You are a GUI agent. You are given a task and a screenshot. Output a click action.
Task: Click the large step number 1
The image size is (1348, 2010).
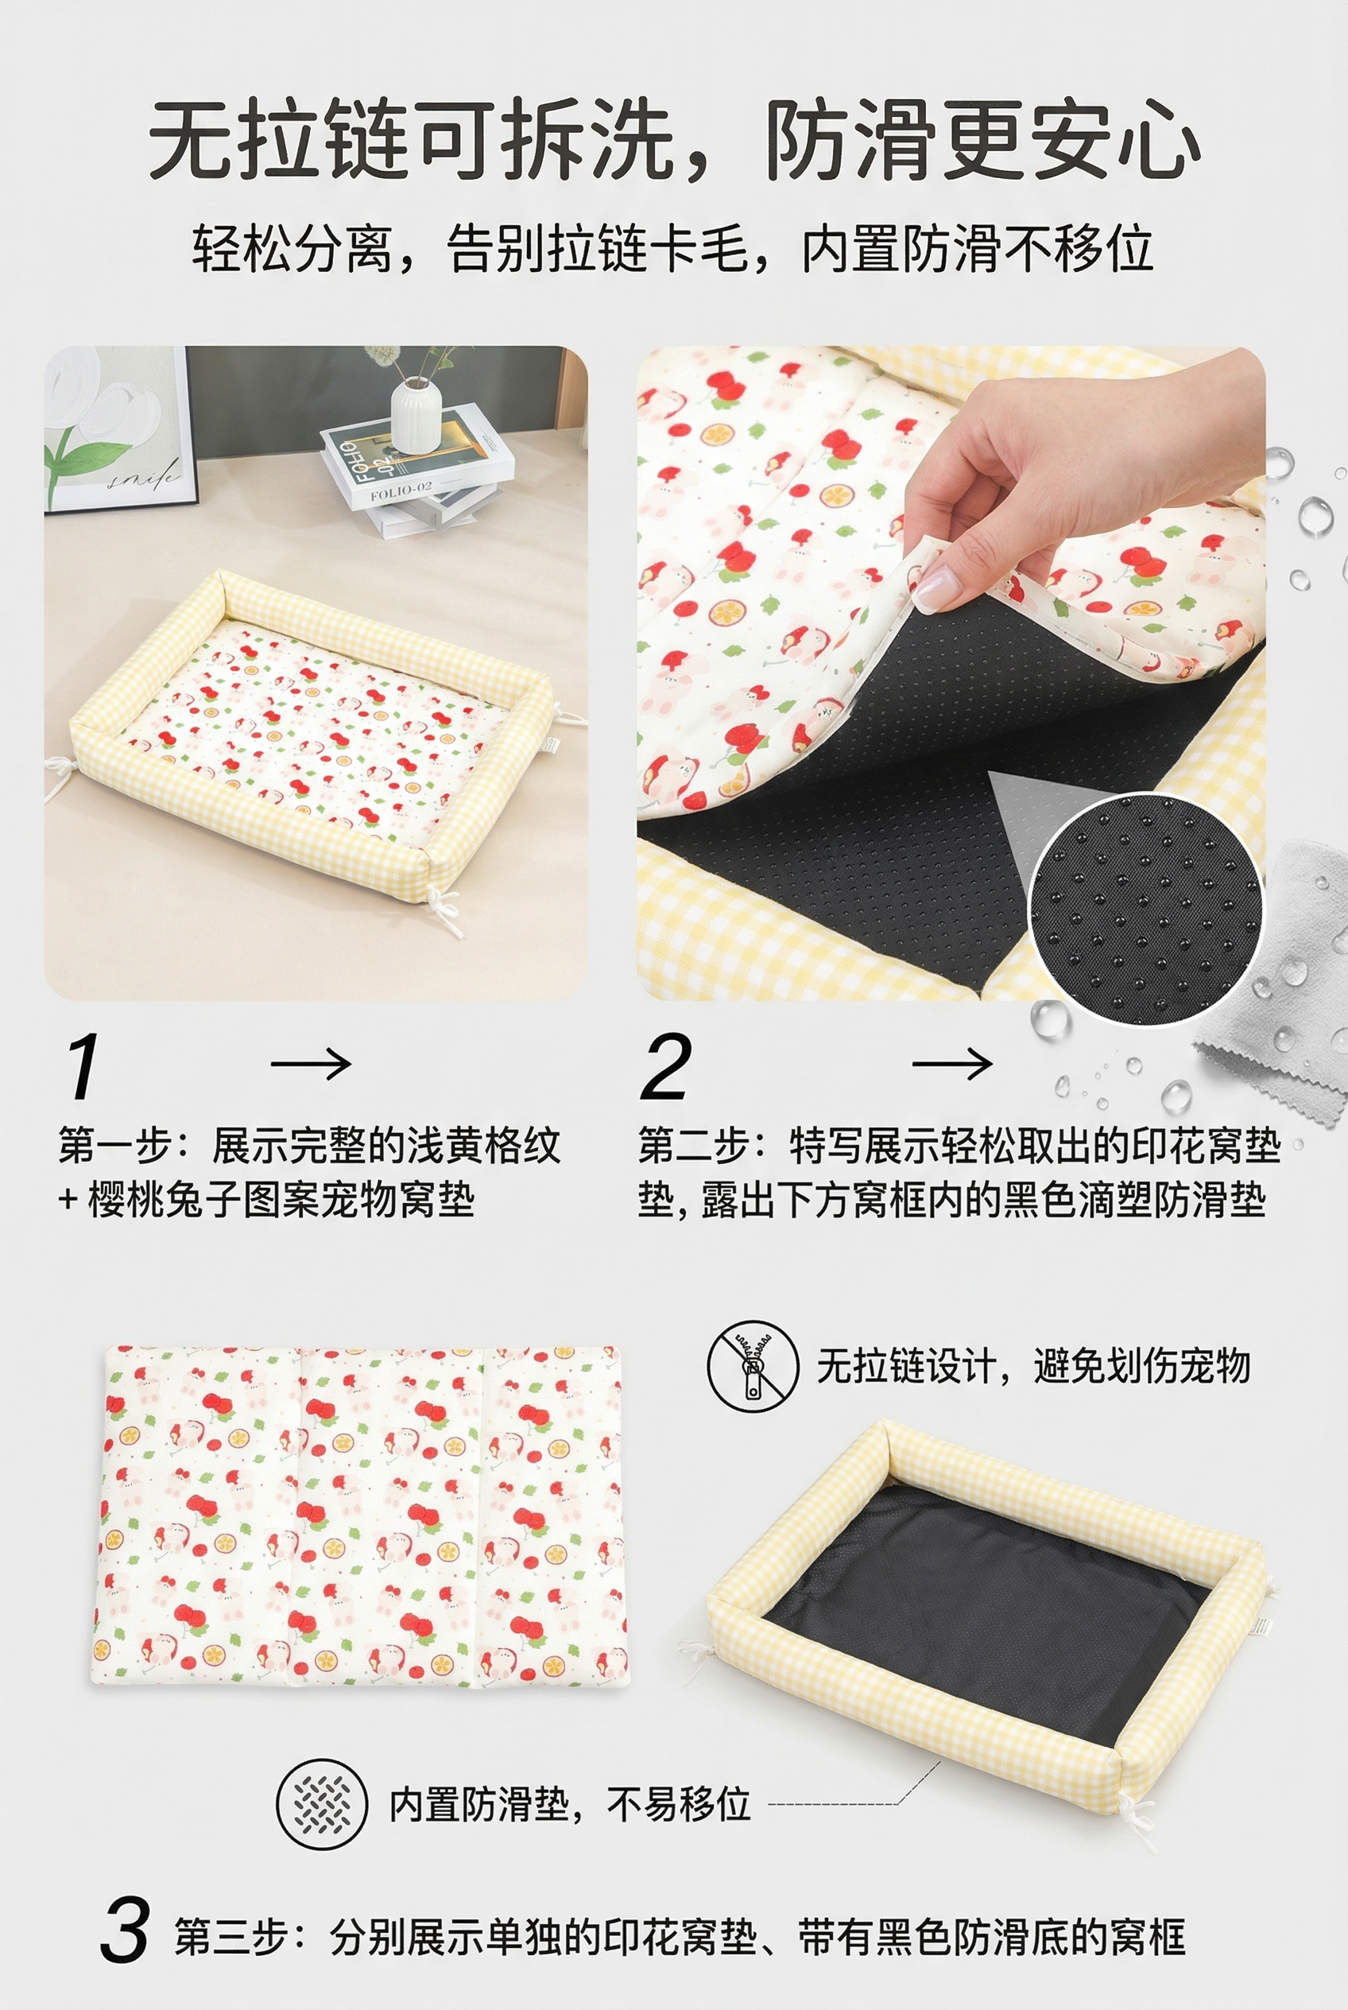click(83, 1066)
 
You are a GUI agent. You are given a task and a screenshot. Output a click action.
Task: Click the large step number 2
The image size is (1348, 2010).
click(665, 1066)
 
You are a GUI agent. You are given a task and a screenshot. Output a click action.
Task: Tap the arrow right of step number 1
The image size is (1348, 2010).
click(312, 1064)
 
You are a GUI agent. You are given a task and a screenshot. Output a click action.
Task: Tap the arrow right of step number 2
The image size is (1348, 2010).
click(952, 1064)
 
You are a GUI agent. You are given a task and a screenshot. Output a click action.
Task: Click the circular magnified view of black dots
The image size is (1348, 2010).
click(1145, 909)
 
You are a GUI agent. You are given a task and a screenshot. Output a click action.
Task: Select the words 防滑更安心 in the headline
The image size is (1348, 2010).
click(982, 139)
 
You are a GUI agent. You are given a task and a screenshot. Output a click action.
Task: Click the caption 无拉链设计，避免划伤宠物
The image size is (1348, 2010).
click(1033, 1366)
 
